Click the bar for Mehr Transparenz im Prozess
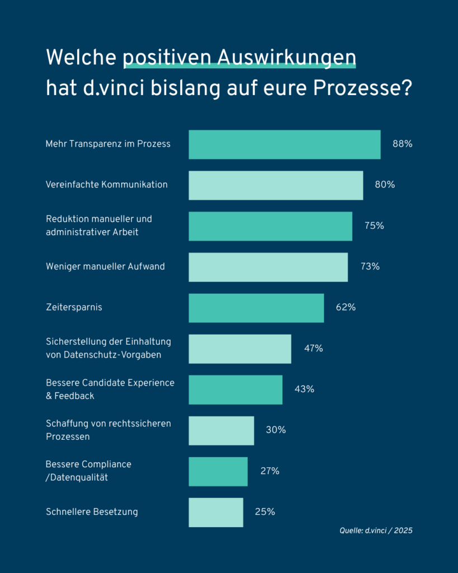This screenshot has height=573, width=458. point(284,144)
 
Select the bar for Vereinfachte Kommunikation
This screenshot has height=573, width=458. point(276,185)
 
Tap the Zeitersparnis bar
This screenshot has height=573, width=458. point(256,308)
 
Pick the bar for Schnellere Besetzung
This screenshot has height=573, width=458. point(216,512)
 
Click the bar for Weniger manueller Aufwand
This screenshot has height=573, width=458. point(268,267)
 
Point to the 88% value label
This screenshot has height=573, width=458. point(402,144)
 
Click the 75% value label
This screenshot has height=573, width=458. point(374,226)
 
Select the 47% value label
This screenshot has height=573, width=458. point(313,349)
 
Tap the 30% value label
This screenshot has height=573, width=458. point(276,430)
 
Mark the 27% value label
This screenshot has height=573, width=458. point(270,471)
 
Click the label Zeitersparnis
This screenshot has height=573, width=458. point(74,307)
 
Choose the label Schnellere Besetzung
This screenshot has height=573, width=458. point(92,512)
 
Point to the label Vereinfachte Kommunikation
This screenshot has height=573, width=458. point(106,185)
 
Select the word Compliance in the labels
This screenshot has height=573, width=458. point(106,464)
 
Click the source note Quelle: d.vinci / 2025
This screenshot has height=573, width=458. point(376,530)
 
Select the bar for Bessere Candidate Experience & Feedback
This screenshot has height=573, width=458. point(235,389)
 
